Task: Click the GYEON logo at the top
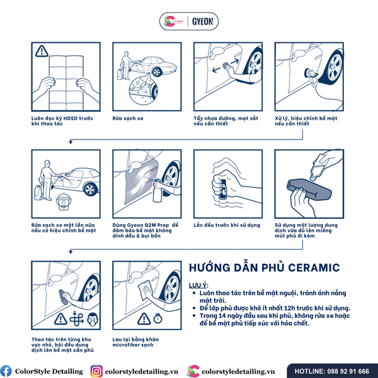(203, 21)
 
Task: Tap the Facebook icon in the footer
(6, 371)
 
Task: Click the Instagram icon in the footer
(96, 371)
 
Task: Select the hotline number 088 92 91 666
(348, 371)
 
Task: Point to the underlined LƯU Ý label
(198, 285)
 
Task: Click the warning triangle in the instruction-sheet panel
(42, 51)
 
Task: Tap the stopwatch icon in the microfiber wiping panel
(157, 318)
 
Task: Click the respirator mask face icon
(93, 319)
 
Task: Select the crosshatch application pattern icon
(76, 318)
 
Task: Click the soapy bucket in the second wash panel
(64, 202)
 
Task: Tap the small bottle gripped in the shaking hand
(222, 190)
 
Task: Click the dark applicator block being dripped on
(309, 189)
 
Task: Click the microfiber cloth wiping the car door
(145, 290)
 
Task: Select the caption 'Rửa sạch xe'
(128, 118)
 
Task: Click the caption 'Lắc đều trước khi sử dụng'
(227, 225)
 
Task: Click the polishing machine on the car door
(311, 75)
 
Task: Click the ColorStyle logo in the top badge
(173, 21)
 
